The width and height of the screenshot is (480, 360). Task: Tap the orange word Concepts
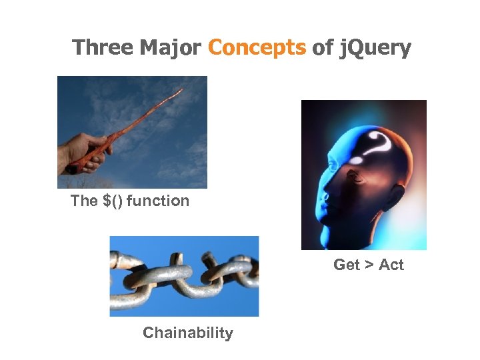click(x=257, y=48)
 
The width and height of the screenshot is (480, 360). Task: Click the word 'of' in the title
click(x=322, y=48)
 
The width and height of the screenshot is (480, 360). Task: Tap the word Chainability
click(x=188, y=333)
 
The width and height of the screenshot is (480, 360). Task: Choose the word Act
click(x=391, y=265)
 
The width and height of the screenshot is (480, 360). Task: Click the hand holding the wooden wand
click(x=83, y=151)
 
